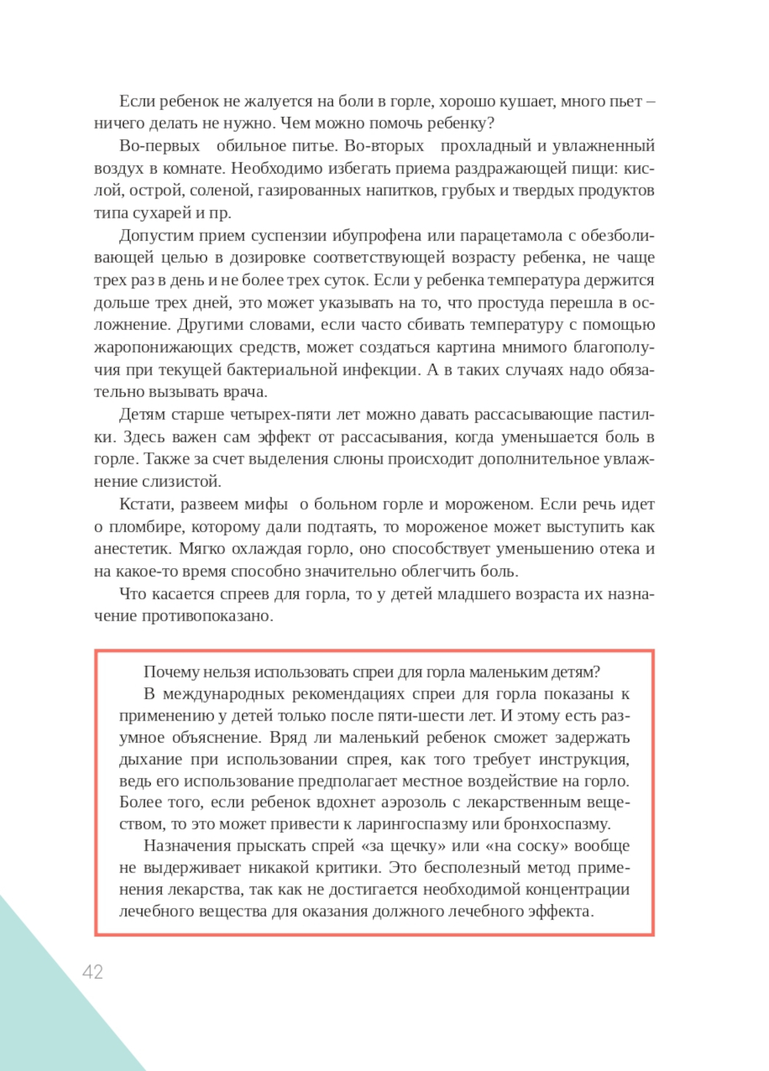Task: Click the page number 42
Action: coord(92,972)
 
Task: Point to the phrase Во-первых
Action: coord(159,145)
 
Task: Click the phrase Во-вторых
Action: coord(384,145)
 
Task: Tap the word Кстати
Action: coord(146,504)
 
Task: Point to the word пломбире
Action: coord(147,527)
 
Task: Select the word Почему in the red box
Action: coord(171,672)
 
